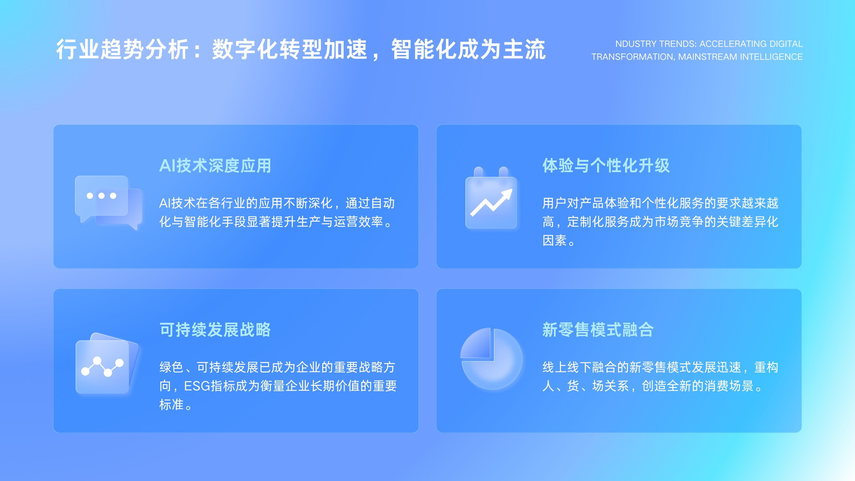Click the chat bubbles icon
click(108, 203)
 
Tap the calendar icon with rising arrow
click(491, 198)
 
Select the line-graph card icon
click(106, 363)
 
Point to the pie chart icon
click(491, 359)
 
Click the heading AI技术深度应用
click(215, 166)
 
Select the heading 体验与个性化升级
click(606, 166)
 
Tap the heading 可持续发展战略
click(215, 329)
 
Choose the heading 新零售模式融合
click(598, 329)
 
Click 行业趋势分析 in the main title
click(122, 50)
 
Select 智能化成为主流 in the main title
click(469, 50)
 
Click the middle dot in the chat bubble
click(102, 196)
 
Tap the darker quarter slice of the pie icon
click(476, 344)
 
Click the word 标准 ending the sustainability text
click(172, 405)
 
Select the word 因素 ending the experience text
click(555, 241)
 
